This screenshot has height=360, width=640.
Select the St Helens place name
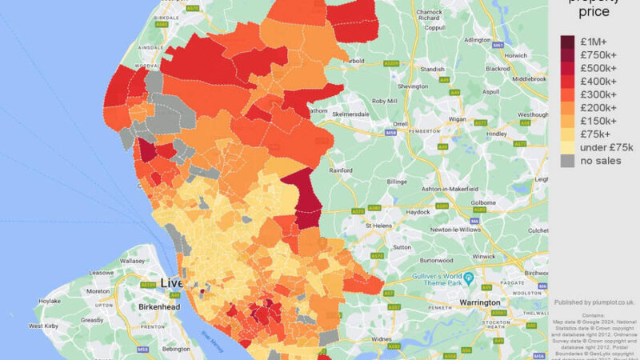380,226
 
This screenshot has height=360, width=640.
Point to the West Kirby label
46,326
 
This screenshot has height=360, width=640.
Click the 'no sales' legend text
600,160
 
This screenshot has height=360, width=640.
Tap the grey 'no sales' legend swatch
566,160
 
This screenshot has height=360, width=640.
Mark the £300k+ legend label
598,94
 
